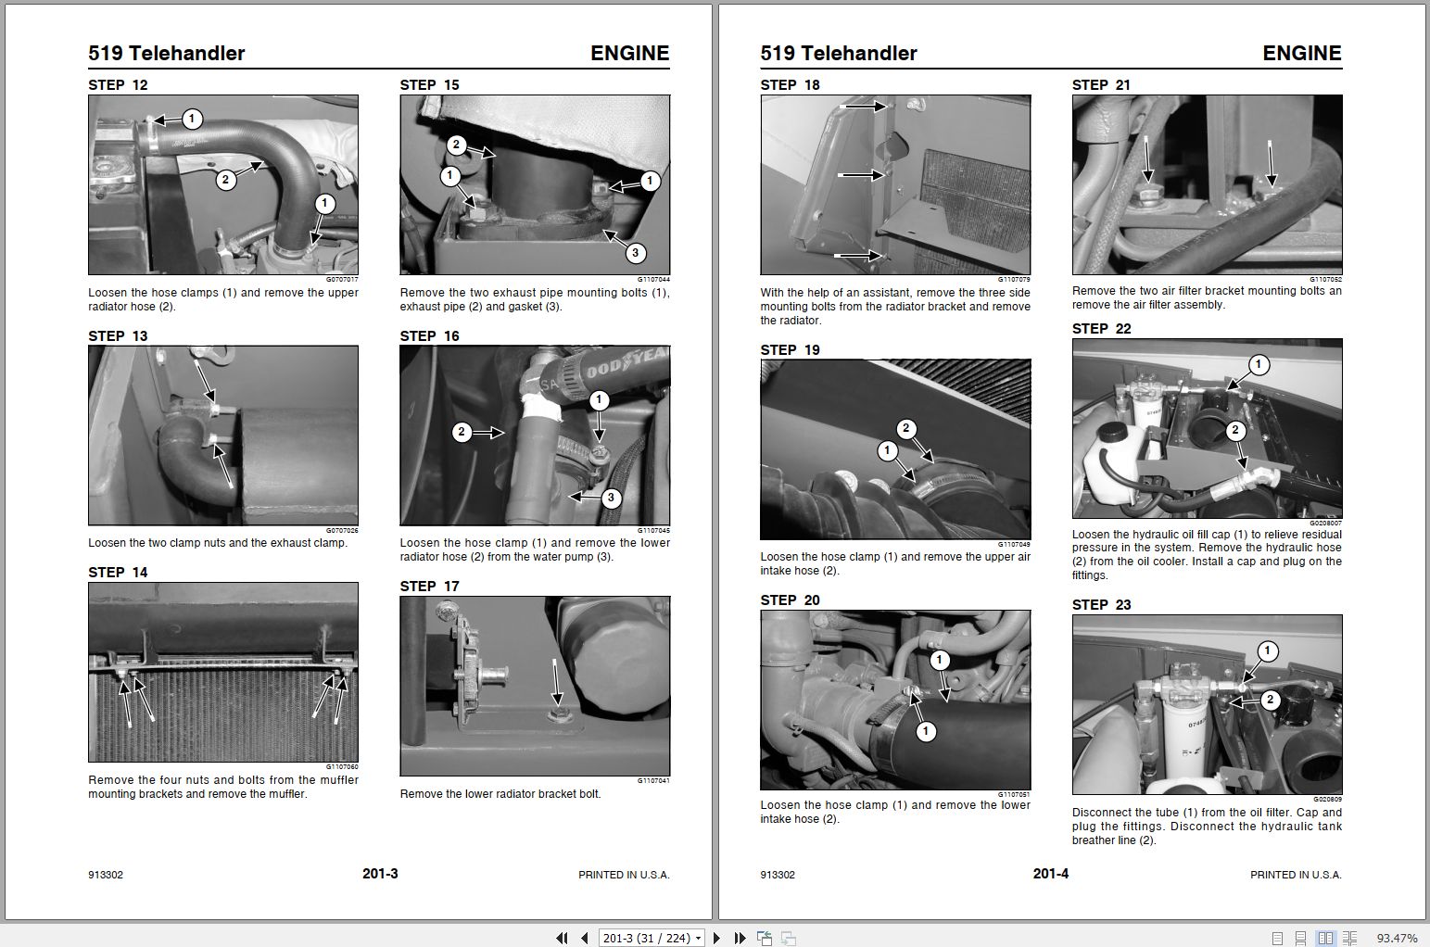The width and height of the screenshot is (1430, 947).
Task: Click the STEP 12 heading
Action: (118, 85)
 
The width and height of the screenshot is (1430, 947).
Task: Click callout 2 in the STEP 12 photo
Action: (225, 180)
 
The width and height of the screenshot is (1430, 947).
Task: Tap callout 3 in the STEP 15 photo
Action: (635, 253)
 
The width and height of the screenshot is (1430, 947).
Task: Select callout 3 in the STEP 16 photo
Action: (611, 498)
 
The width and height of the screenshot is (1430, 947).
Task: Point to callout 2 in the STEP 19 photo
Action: (906, 428)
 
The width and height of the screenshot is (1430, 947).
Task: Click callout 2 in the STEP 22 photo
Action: (1235, 430)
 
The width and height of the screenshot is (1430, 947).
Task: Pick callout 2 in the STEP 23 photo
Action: (1270, 700)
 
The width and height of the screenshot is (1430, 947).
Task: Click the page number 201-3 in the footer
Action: (380, 874)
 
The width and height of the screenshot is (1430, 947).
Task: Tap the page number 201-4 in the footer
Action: (1051, 874)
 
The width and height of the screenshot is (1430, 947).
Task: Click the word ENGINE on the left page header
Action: (629, 53)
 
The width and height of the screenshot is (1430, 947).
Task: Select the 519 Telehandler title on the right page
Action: (838, 53)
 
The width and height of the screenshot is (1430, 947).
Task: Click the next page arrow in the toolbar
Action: (716, 938)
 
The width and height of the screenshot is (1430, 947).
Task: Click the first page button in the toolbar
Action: (562, 938)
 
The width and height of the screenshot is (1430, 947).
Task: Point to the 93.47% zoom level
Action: (1397, 938)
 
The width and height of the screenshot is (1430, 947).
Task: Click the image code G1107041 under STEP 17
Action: (653, 780)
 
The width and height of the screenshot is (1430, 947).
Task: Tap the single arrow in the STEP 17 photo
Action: (556, 682)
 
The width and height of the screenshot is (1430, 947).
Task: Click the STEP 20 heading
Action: (790, 600)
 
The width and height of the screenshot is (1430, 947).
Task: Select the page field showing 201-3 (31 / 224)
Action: (652, 938)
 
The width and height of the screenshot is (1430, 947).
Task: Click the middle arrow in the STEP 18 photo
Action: (862, 174)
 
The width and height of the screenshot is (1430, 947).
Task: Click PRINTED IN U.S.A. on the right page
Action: (1296, 875)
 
